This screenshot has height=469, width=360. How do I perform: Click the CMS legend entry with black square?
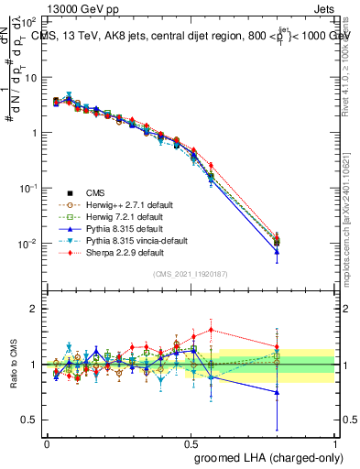pos(95,192)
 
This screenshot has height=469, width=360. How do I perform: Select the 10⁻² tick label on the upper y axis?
pos(29,244)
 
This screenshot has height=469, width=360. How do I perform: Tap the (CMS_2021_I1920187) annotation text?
pos(191,274)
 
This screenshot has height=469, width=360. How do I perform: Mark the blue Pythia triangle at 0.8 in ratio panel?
pos(277,392)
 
